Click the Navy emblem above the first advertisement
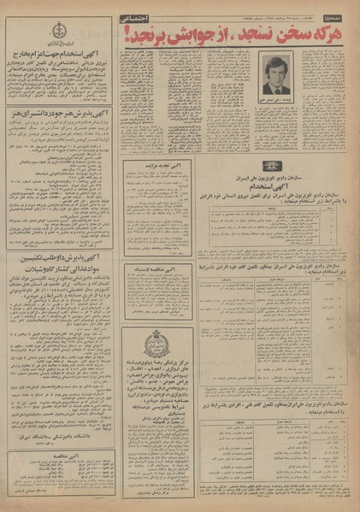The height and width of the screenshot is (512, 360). (57, 28)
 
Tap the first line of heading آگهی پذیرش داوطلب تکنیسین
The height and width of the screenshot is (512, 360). (58, 256)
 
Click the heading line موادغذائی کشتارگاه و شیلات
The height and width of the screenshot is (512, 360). (58, 266)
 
